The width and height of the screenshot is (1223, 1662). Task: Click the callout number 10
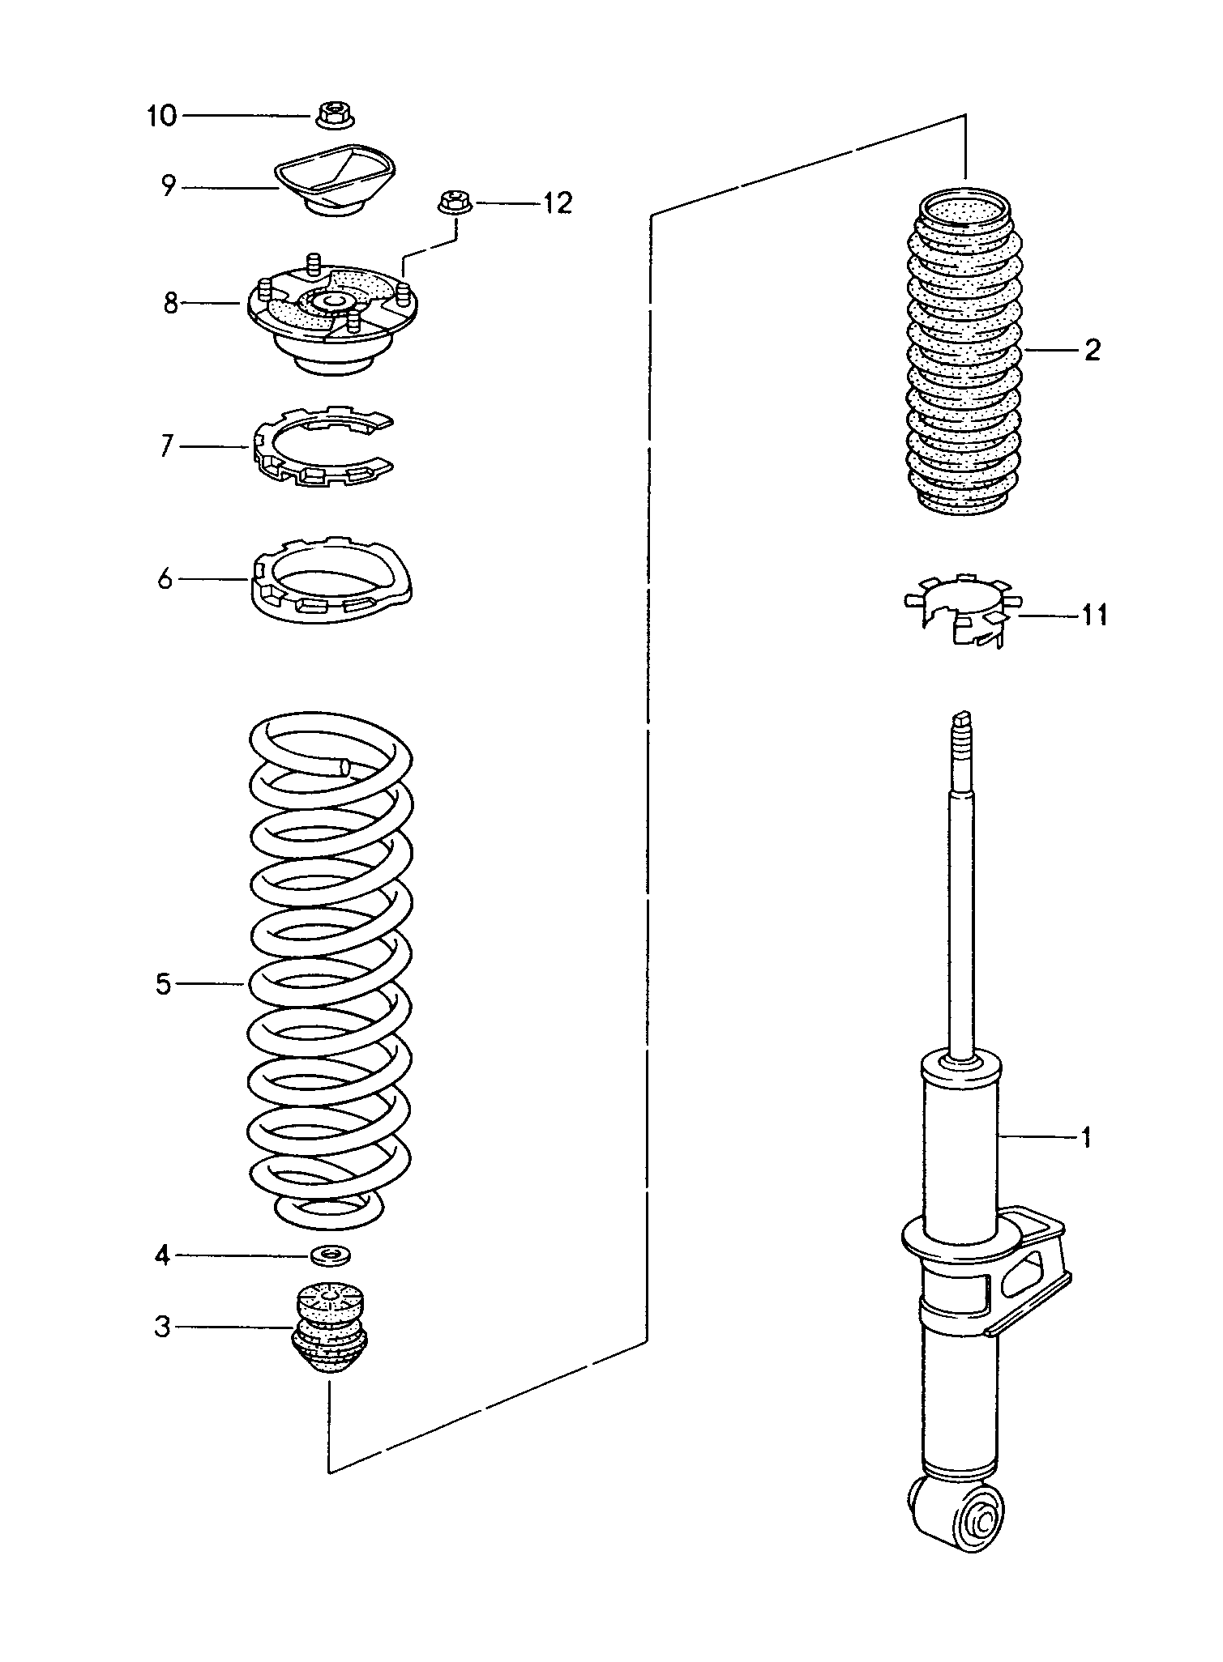162,116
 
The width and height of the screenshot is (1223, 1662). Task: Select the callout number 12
557,202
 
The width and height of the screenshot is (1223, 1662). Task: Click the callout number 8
170,304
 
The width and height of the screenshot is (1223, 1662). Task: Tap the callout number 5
164,984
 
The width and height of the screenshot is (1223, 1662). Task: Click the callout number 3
163,1327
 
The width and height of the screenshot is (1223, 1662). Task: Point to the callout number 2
1092,350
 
